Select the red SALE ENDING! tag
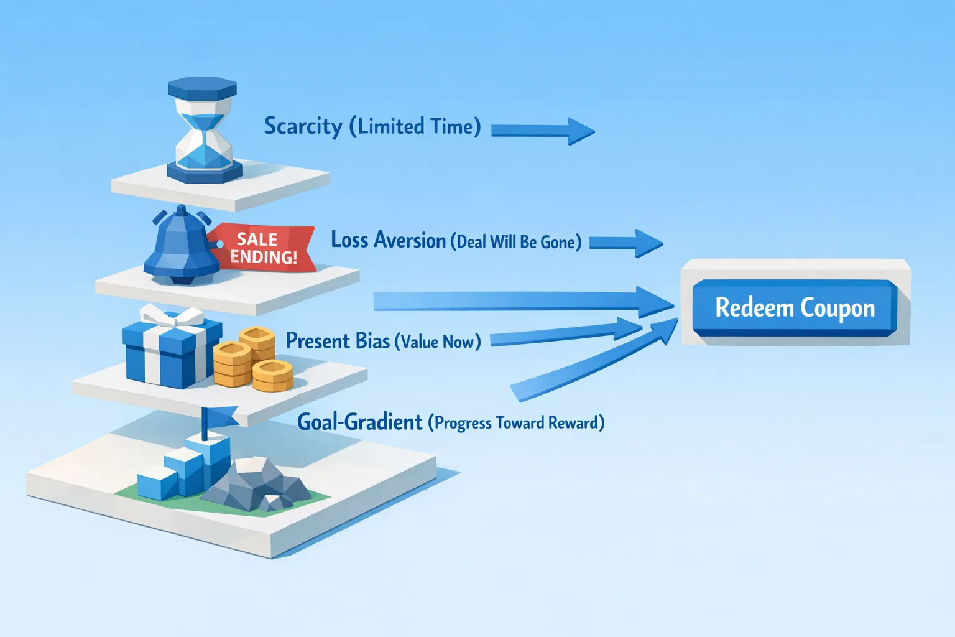(264, 248)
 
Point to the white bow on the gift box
(172, 317)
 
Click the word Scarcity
(303, 126)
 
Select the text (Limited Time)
(415, 126)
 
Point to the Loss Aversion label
(388, 240)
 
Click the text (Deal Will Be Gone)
(515, 241)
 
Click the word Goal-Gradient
(360, 422)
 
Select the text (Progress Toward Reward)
(516, 423)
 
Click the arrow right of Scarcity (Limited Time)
(542, 131)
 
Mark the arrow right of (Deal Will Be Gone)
(625, 243)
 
